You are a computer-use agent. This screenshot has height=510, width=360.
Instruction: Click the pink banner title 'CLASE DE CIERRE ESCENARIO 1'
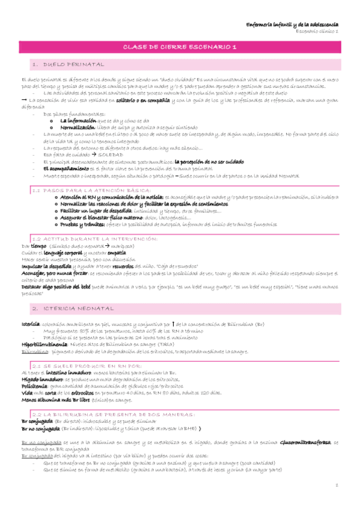(180, 46)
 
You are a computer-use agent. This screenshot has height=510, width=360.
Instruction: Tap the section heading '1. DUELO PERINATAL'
(68, 64)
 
